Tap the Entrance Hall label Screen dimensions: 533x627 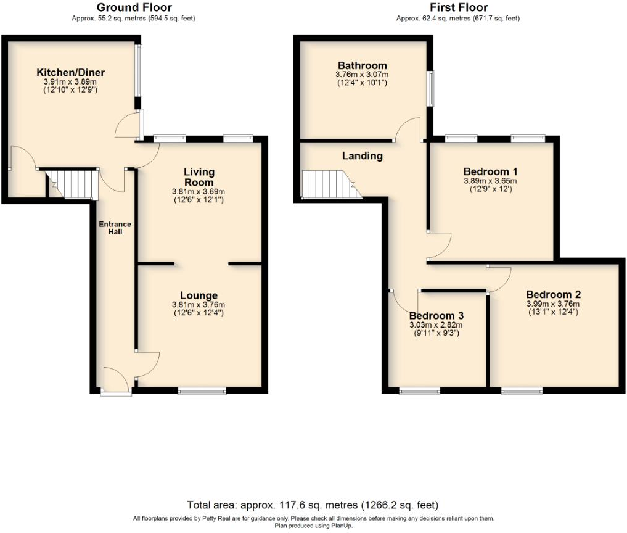click(x=111, y=228)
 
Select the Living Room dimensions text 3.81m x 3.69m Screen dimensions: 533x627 click(x=199, y=192)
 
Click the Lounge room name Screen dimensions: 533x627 click(x=199, y=295)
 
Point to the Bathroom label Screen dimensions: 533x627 click(x=362, y=66)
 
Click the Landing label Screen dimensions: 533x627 click(x=362, y=156)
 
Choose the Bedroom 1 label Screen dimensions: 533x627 click(x=490, y=171)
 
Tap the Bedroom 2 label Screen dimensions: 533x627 click(x=553, y=294)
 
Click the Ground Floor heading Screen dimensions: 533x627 click(x=134, y=8)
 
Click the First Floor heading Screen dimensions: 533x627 click(x=458, y=8)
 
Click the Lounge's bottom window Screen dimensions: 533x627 click(x=202, y=390)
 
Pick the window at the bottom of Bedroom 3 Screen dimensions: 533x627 click(x=419, y=390)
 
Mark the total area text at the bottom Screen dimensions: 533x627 click(x=313, y=505)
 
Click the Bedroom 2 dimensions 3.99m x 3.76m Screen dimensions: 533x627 click(x=553, y=304)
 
